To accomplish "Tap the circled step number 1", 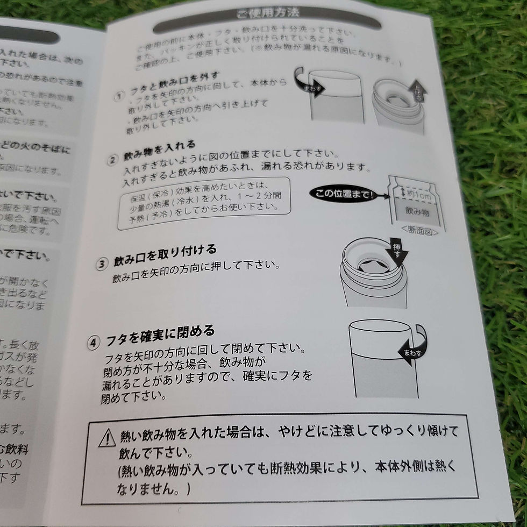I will pyautogui.click(x=119, y=97).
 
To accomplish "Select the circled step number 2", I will pyautogui.click(x=113, y=160).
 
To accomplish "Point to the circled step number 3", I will pyautogui.click(x=102, y=265).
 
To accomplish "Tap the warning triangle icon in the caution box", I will pyautogui.click(x=108, y=438).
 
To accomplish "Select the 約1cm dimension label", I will pyautogui.click(x=413, y=191).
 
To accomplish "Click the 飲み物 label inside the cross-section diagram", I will pyautogui.click(x=417, y=213).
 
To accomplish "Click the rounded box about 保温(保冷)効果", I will pyautogui.click(x=205, y=203).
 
